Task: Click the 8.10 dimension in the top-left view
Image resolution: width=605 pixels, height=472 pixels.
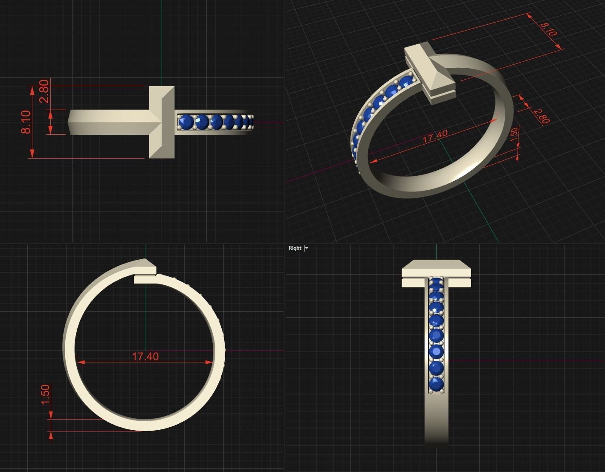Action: (x=26, y=122)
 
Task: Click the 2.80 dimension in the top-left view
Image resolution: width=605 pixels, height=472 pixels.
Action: (x=44, y=91)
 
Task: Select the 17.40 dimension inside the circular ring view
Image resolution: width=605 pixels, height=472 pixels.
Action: (x=145, y=356)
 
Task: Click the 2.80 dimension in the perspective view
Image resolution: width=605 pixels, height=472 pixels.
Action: (x=541, y=116)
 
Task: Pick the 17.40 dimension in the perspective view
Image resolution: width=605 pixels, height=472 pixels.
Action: (x=435, y=136)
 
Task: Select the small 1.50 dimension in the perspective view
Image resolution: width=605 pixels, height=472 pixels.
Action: (x=514, y=133)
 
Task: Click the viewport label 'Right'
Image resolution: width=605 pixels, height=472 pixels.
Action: (x=295, y=248)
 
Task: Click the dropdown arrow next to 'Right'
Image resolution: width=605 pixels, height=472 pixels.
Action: (x=307, y=248)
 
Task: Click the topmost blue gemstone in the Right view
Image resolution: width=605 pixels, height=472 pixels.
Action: (x=436, y=281)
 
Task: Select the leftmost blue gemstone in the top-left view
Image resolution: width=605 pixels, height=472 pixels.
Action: (x=186, y=122)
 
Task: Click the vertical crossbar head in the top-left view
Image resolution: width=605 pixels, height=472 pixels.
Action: (x=162, y=122)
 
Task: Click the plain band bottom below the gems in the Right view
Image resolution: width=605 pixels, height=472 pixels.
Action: (x=436, y=420)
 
